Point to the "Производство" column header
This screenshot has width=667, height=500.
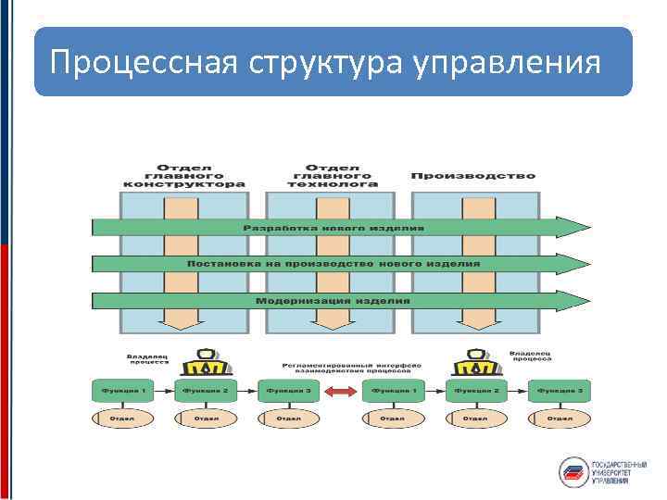pyautogui.click(x=472, y=176)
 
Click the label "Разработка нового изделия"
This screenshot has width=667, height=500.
pyautogui.click(x=333, y=227)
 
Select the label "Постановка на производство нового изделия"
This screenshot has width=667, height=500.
pyautogui.click(x=333, y=264)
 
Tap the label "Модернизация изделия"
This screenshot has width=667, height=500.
pyautogui.click(x=333, y=300)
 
